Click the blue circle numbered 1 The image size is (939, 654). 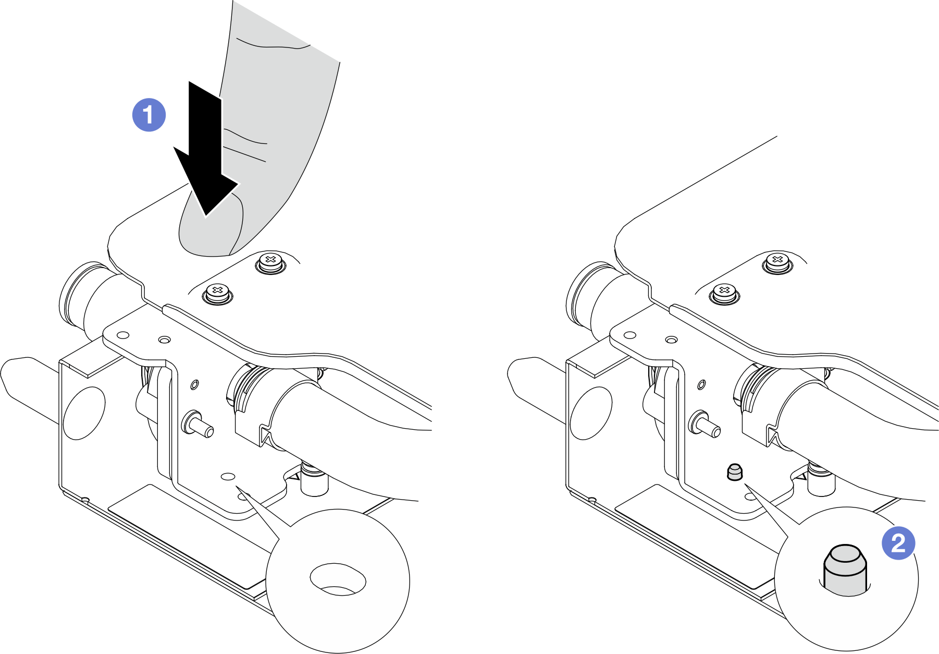click(149, 114)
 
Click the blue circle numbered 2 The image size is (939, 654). click(898, 543)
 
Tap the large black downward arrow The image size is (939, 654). click(205, 148)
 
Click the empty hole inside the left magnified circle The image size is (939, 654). click(338, 579)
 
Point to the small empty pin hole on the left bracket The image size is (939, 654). click(228, 476)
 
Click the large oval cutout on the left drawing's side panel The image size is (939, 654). click(84, 413)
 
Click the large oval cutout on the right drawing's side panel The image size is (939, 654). click(591, 413)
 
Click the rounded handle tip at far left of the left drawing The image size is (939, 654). click(18, 377)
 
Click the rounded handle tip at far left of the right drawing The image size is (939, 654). click(525, 377)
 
